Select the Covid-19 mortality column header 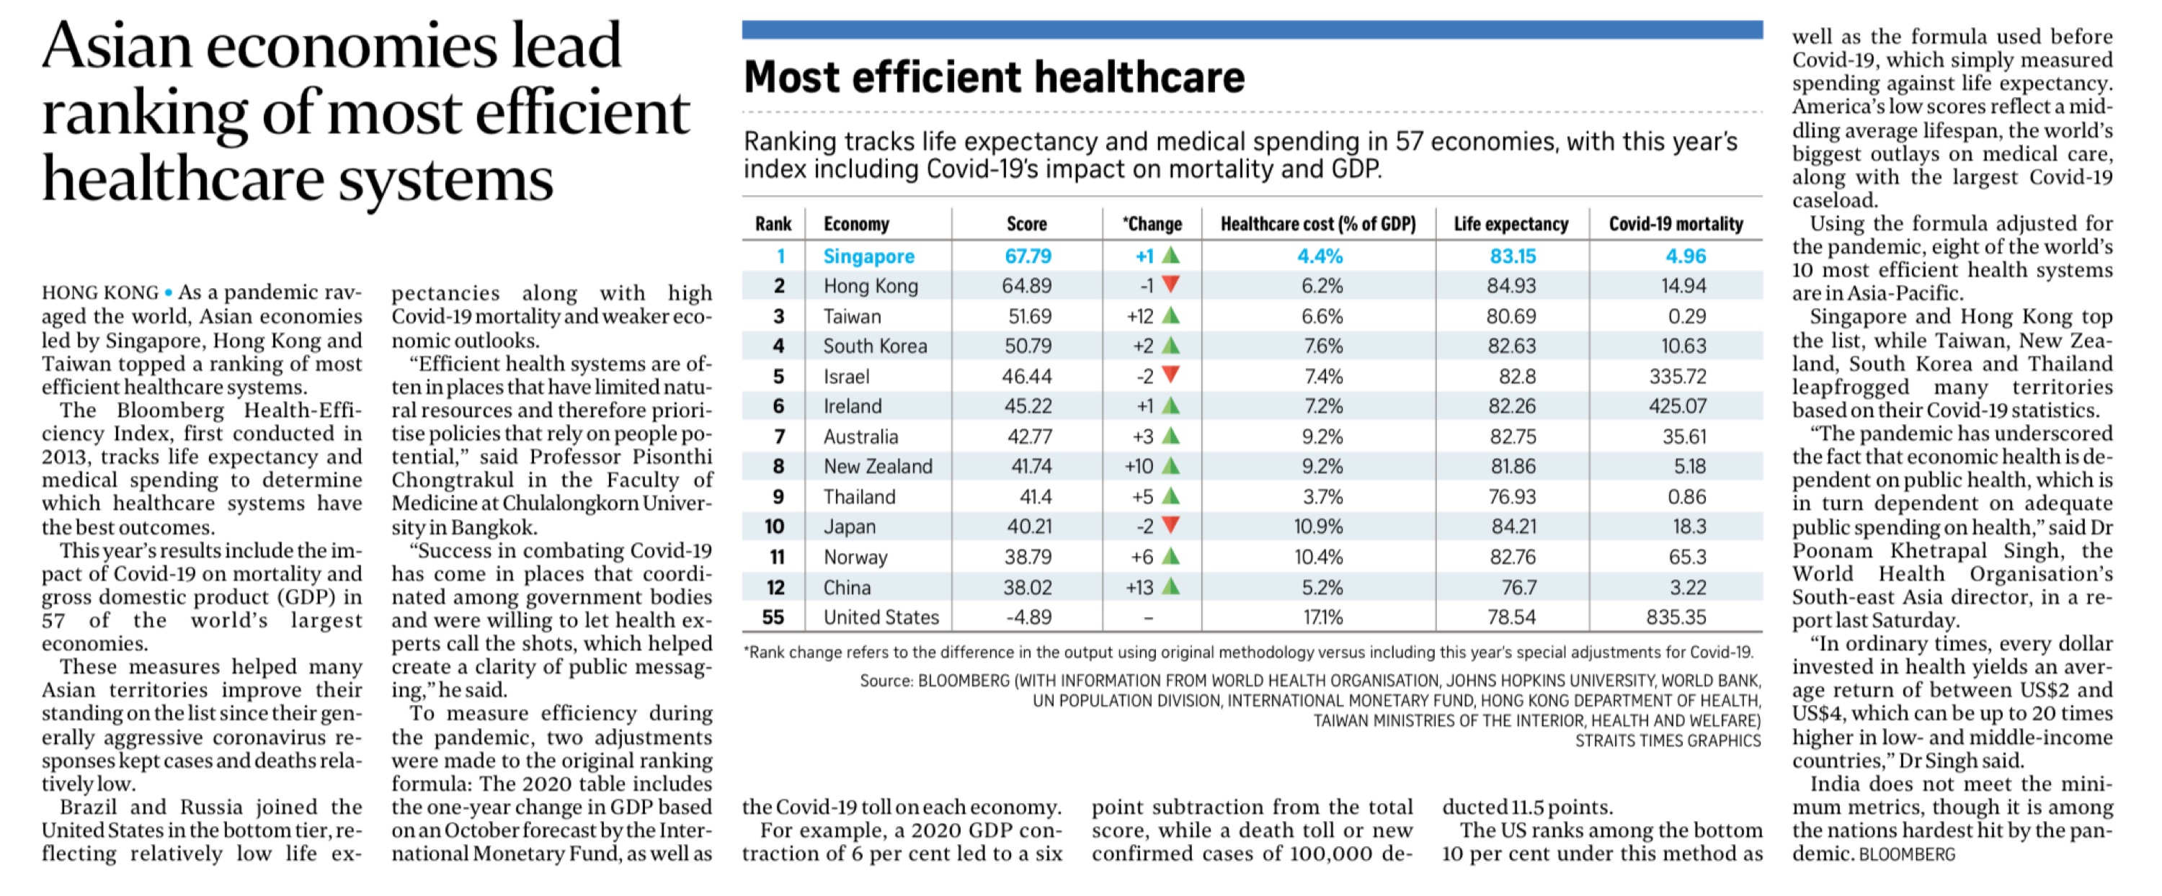[1676, 224]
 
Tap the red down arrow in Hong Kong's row [1171, 285]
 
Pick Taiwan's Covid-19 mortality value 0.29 [1686, 316]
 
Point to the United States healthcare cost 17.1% [1322, 617]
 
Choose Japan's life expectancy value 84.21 [1513, 527]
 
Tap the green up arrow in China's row [1171, 586]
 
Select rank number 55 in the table [773, 617]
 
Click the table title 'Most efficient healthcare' [994, 77]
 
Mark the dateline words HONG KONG [100, 293]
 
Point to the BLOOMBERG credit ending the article [1907, 855]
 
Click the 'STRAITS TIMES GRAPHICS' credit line [1668, 741]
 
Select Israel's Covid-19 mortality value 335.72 [1677, 377]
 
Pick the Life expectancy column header [1511, 224]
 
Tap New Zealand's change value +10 [1139, 467]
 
